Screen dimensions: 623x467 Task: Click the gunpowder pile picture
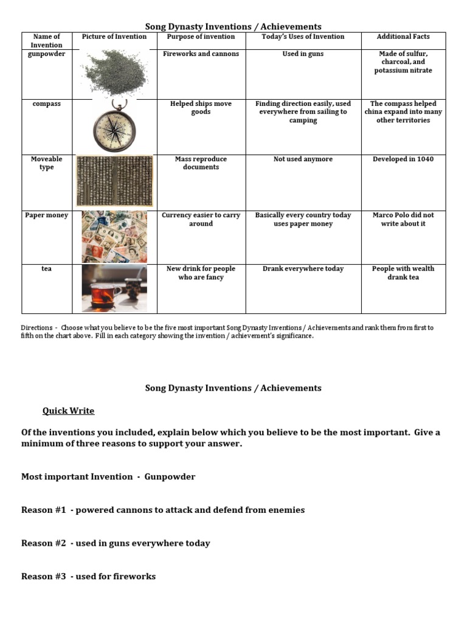pyautogui.click(x=114, y=74)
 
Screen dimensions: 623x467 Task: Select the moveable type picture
pyautogui.click(x=114, y=181)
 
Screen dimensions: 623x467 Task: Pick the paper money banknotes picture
pyautogui.click(x=114, y=236)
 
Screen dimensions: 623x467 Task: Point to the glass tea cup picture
pyautogui.click(x=114, y=288)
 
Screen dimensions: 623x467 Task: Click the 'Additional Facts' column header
pyautogui.click(x=403, y=37)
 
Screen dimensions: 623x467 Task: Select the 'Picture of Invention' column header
pyautogui.click(x=114, y=37)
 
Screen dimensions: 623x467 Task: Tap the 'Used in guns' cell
pyautogui.click(x=303, y=54)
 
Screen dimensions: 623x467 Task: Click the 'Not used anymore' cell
pyautogui.click(x=303, y=159)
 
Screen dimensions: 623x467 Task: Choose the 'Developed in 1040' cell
pyautogui.click(x=403, y=159)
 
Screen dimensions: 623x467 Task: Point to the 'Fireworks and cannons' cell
pyautogui.click(x=201, y=54)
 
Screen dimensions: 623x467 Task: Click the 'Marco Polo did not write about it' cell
pyautogui.click(x=403, y=220)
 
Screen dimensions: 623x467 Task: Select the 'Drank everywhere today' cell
pyautogui.click(x=303, y=269)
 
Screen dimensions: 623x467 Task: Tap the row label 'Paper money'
pyautogui.click(x=46, y=215)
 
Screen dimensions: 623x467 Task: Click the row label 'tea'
pyautogui.click(x=46, y=269)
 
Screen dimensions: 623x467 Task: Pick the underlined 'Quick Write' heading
pyautogui.click(x=68, y=411)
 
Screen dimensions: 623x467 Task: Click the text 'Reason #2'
pyautogui.click(x=43, y=543)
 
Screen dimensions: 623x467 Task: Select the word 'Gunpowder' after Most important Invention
pyautogui.click(x=170, y=477)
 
